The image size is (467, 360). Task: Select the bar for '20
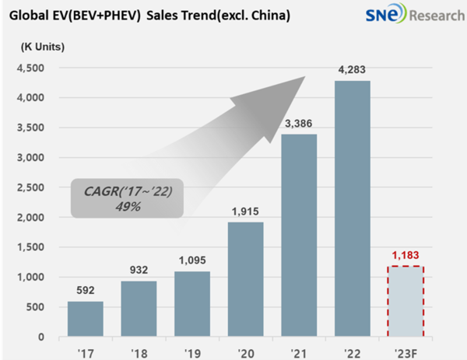coord(244,280)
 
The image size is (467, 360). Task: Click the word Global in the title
coord(30,16)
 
